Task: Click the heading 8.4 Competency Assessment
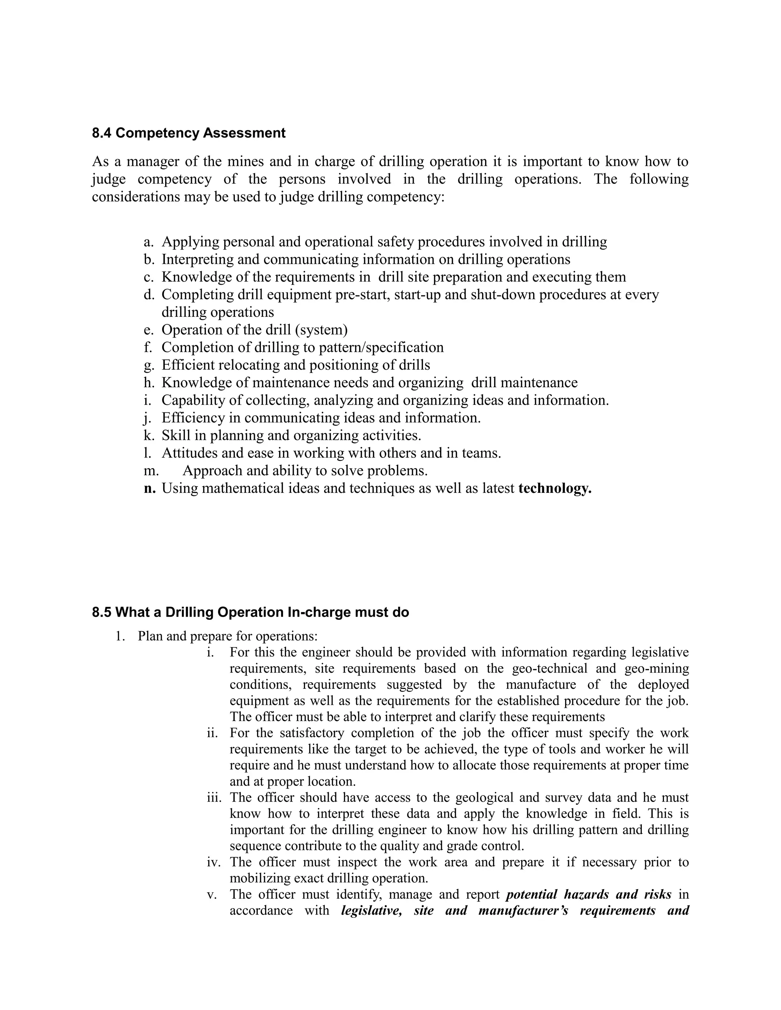(188, 133)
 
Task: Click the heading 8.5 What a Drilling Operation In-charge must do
(250, 612)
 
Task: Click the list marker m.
(151, 471)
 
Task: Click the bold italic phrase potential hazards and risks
(588, 895)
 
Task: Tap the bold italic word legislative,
(371, 911)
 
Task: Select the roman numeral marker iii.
(214, 798)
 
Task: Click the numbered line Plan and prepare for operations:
(227, 636)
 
